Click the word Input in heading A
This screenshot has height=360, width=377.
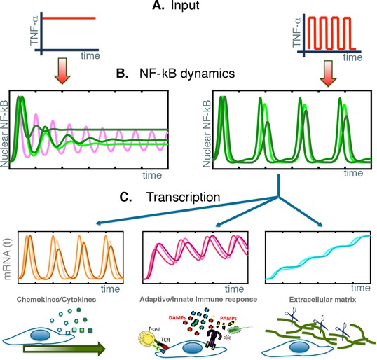click(185, 6)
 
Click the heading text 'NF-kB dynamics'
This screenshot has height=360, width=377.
click(187, 74)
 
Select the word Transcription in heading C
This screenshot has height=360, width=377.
click(183, 197)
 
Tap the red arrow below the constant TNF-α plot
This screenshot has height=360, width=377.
click(62, 71)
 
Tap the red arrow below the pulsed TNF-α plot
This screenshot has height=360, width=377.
click(328, 74)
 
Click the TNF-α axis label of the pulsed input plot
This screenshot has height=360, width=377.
click(296, 32)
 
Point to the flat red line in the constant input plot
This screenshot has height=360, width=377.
click(69, 18)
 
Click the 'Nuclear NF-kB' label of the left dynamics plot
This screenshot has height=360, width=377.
click(4, 134)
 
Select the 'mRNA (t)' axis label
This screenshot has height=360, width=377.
click(8, 259)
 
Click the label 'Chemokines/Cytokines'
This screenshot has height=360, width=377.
click(56, 300)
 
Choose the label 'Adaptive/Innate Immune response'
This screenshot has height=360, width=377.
click(198, 300)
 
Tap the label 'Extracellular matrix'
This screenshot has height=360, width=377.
click(322, 300)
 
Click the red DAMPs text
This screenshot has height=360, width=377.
click(177, 318)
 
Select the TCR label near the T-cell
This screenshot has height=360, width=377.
click(165, 340)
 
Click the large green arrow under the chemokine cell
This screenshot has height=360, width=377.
click(64, 349)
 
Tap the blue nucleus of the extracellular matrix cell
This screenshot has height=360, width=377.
click(299, 347)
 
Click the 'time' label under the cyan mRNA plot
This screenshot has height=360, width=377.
click(361, 288)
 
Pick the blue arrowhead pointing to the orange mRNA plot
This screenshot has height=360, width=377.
click(98, 223)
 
